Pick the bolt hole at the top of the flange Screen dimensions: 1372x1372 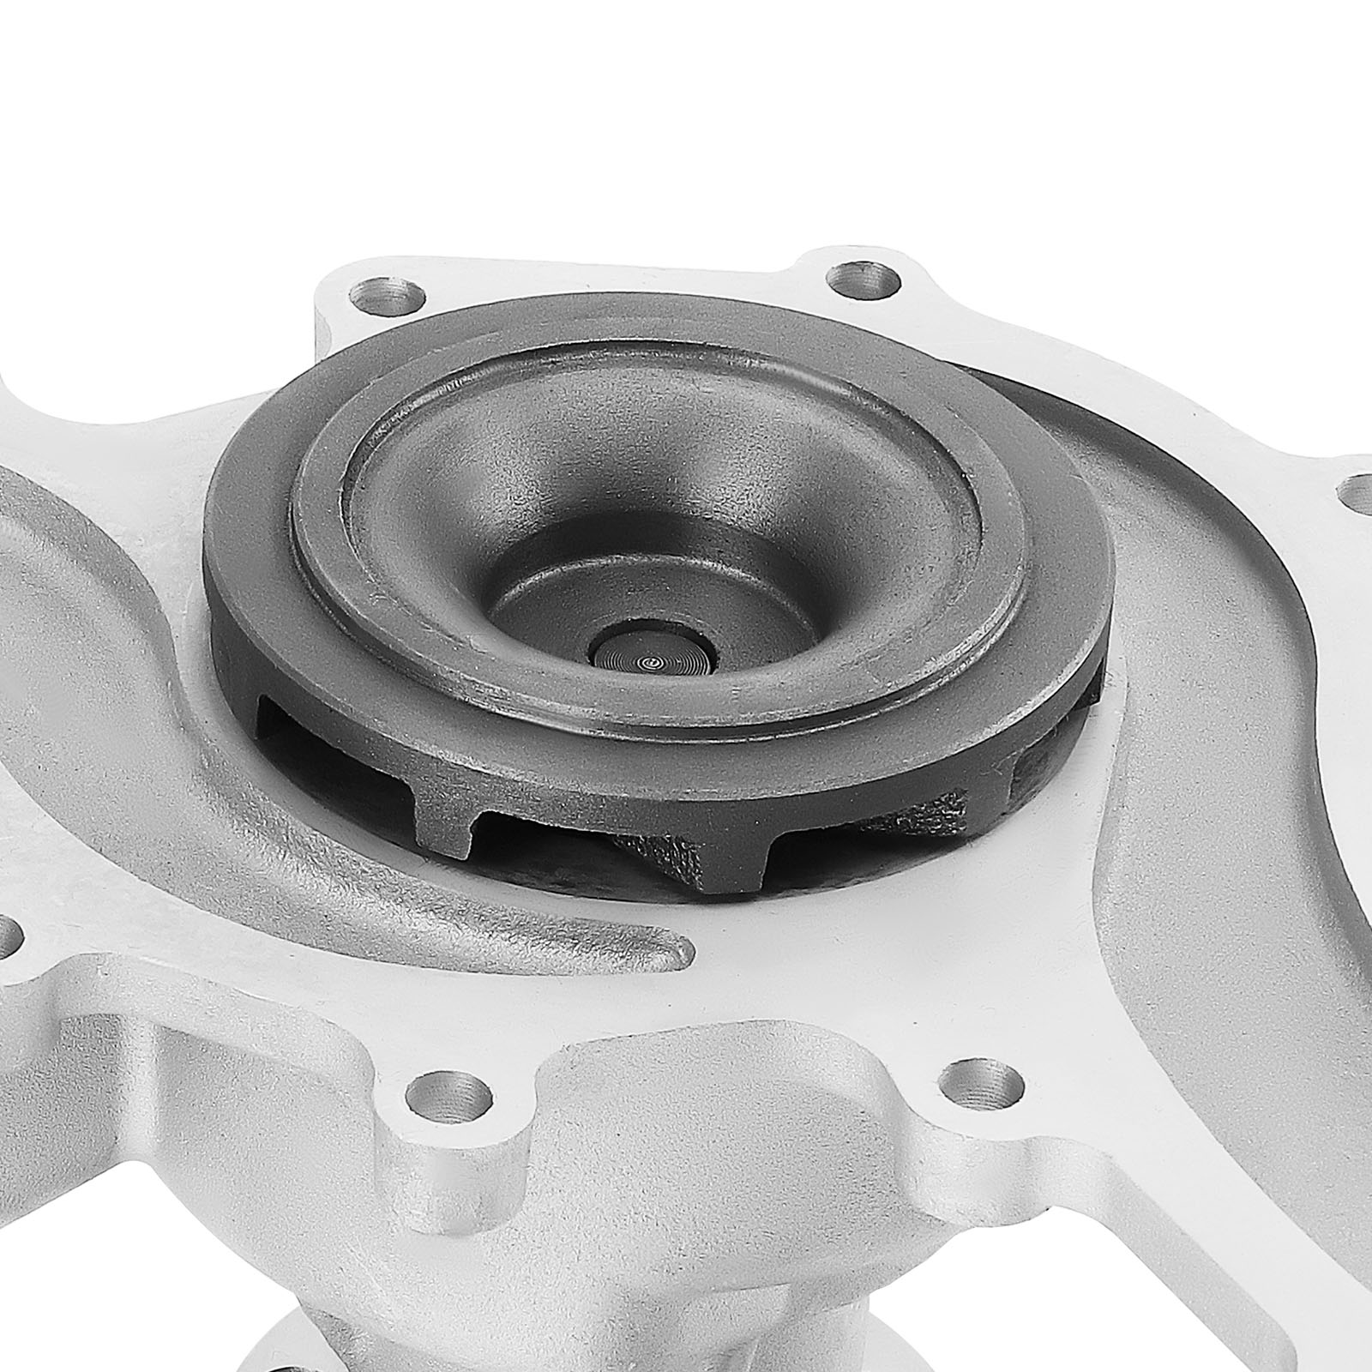coord(864,280)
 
